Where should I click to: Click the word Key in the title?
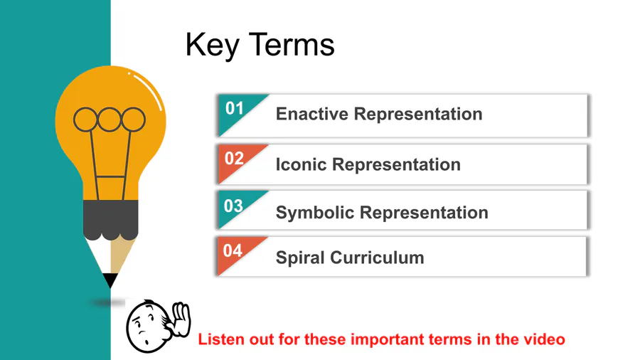pyautogui.click(x=212, y=45)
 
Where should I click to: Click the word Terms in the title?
pyautogui.click(x=292, y=45)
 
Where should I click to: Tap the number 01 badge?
pyautogui.click(x=234, y=109)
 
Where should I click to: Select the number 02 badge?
pyautogui.click(x=234, y=159)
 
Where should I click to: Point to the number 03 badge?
pyautogui.click(x=233, y=206)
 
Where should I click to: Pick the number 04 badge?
pyautogui.click(x=233, y=250)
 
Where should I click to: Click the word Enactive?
pyautogui.click(x=312, y=114)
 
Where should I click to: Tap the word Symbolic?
pyautogui.click(x=315, y=213)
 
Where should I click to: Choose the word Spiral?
pyautogui.click(x=300, y=258)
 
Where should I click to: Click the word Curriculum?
pyautogui.click(x=377, y=258)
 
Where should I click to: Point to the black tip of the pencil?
pyautogui.click(x=110, y=280)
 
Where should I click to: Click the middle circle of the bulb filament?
pyautogui.click(x=110, y=120)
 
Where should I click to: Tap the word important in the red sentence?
pyautogui.click(x=382, y=339)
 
